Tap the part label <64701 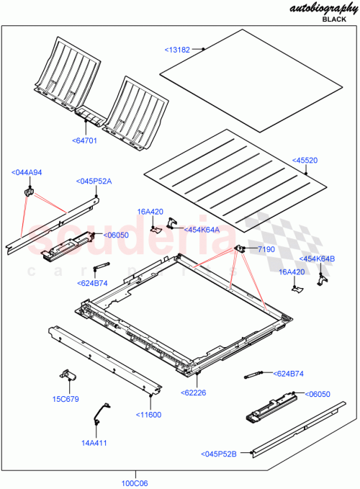(85, 140)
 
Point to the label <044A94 (27, 172)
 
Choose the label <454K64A (202, 230)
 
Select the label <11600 (149, 414)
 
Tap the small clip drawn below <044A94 (30, 192)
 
